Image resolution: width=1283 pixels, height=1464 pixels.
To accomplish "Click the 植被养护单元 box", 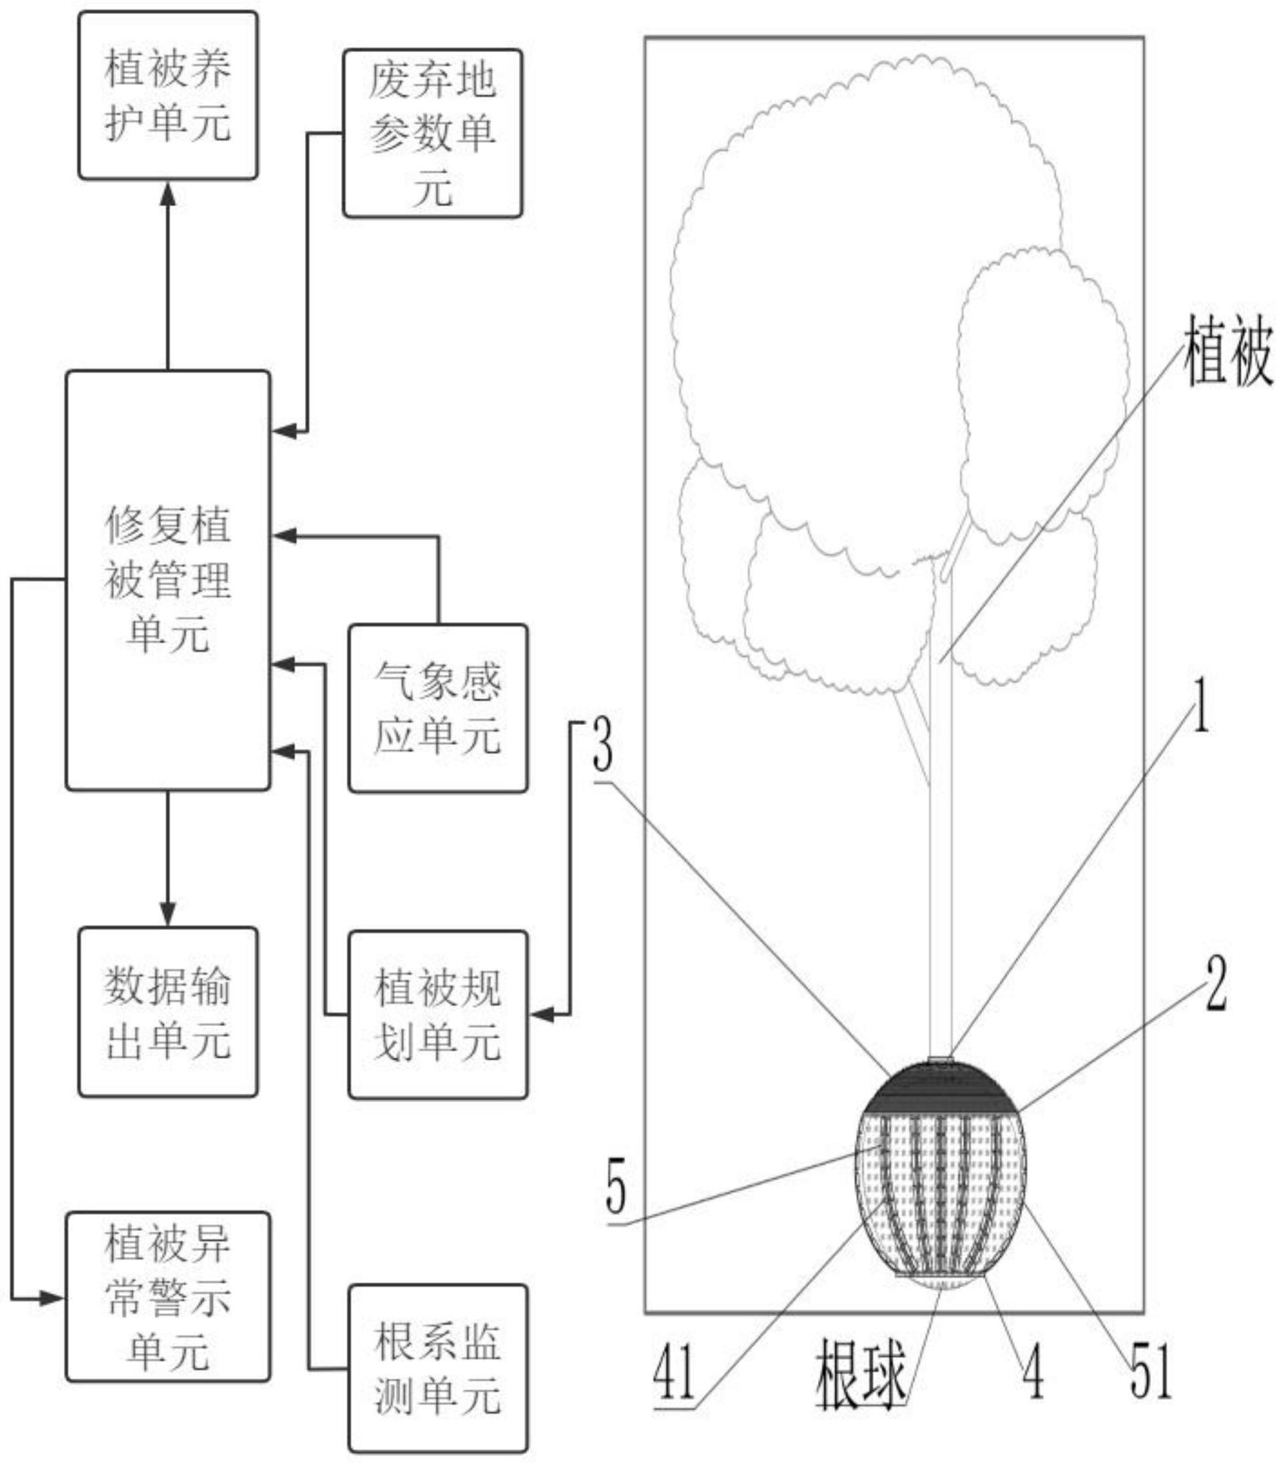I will pos(167,95).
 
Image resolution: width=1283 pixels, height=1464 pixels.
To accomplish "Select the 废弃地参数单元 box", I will pos(432,134).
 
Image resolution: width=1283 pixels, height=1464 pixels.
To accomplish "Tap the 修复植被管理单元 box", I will pos(167,580).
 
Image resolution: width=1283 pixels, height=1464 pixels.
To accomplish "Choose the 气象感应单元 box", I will pos(438,708).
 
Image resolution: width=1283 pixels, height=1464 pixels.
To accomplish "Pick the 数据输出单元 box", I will pos(167,1012).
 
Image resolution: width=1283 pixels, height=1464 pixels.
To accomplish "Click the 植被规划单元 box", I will pos(438,1015).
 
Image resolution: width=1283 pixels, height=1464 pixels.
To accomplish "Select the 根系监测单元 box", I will pos(438,1369).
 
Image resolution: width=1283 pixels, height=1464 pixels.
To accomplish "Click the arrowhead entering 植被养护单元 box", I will pos(167,194).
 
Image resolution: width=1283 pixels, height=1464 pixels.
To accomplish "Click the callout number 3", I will pos(603,745).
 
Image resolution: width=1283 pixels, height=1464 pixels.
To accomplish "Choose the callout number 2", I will pos(1216,985).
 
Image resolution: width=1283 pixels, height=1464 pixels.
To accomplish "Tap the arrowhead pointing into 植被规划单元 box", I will pos(542,1014).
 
